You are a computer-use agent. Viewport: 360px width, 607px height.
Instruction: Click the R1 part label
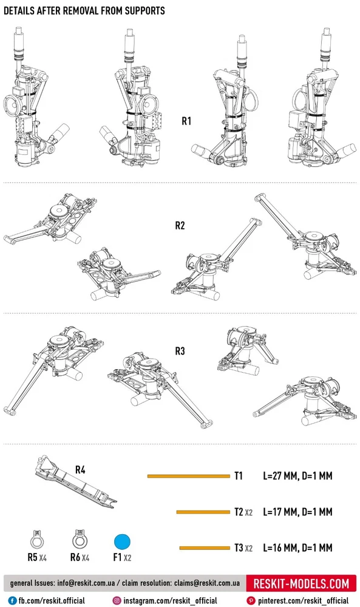[x=186, y=121]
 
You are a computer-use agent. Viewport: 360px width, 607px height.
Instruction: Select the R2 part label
[x=180, y=225]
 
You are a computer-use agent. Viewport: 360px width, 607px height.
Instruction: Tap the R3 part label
[x=180, y=351]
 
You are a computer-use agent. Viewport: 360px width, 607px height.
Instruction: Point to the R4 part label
[x=80, y=470]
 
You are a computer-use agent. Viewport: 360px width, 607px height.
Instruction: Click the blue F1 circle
[x=122, y=542]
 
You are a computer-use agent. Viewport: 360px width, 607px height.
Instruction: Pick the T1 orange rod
[x=189, y=476]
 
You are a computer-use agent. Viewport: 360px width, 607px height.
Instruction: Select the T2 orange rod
[x=203, y=512]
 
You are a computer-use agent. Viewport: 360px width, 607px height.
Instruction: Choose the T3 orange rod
[x=205, y=548]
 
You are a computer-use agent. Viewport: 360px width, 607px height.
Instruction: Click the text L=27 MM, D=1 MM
[x=297, y=476]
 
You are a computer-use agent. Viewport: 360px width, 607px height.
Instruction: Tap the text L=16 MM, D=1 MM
[x=297, y=548]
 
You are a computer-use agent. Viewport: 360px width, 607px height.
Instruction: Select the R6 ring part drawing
[x=80, y=540]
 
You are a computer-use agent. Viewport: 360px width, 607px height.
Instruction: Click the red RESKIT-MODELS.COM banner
[x=301, y=583]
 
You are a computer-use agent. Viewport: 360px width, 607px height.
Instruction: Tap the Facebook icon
[x=13, y=601]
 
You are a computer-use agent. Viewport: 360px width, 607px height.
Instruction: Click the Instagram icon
[x=117, y=601]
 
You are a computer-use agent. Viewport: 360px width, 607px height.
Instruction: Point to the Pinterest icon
[x=251, y=601]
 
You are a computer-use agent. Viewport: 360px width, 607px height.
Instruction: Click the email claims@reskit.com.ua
[x=206, y=583]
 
